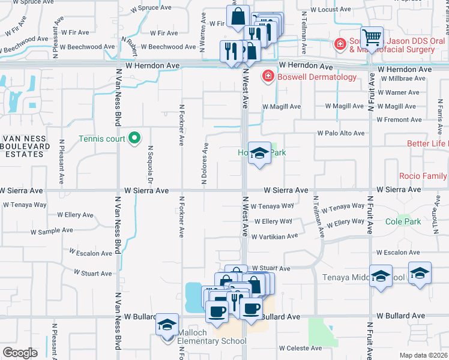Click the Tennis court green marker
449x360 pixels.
(135, 139)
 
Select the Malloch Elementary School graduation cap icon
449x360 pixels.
(167, 325)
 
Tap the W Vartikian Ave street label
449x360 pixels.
(275, 236)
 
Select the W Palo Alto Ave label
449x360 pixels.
(341, 133)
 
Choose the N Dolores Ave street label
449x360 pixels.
(203, 164)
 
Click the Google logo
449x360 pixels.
(20, 352)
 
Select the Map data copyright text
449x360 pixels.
(423, 355)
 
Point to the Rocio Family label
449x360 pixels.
(423, 176)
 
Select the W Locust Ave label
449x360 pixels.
(327, 11)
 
